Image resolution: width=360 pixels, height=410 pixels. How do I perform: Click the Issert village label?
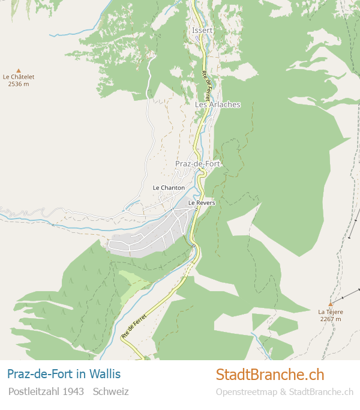(202, 30)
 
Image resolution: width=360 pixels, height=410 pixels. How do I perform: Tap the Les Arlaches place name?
(217, 104)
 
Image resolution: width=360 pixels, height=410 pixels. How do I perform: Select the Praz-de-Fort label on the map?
(197, 163)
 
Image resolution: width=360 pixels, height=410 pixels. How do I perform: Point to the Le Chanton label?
(169, 188)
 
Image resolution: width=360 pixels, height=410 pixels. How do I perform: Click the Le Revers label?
(202, 203)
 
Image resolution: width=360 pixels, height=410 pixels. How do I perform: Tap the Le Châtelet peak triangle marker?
(19, 70)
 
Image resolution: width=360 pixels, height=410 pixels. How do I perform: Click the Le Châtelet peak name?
(19, 77)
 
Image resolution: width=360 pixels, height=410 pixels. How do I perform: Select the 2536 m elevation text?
(19, 84)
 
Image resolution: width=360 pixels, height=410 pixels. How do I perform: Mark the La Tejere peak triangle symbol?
(330, 304)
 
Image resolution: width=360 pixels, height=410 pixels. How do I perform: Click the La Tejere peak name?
(330, 312)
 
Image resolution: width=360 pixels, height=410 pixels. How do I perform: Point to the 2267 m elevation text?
(330, 319)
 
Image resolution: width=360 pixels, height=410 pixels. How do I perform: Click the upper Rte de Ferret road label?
(207, 85)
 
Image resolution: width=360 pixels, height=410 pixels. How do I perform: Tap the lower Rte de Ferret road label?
(134, 326)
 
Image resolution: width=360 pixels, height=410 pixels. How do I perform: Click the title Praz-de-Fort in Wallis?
(64, 374)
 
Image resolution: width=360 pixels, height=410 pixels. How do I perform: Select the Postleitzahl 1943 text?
(46, 391)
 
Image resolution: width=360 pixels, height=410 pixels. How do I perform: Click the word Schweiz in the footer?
(111, 391)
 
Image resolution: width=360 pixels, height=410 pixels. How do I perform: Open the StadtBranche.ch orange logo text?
(270, 375)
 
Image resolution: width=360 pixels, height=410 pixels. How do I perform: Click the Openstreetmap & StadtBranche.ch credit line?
(284, 392)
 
